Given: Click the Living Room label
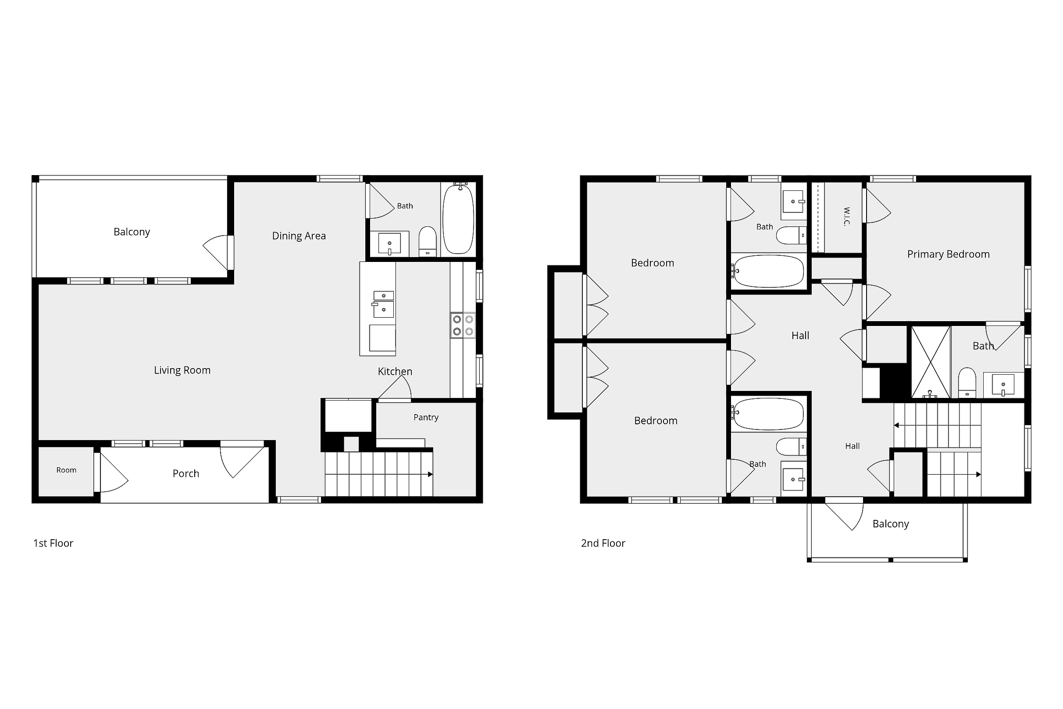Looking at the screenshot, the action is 182,370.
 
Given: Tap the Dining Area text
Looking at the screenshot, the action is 299,236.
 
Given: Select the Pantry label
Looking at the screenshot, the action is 426,417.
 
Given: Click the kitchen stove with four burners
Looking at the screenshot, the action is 463,326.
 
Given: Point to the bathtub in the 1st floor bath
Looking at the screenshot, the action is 458,219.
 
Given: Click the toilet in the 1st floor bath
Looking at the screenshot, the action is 428,242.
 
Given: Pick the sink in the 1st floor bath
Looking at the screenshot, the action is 389,244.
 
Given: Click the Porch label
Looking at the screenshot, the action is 186,473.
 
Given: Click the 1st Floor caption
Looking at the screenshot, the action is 54,543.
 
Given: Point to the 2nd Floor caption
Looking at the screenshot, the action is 603,543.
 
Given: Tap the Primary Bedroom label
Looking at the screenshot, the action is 948,254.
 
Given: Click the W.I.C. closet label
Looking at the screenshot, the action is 847,216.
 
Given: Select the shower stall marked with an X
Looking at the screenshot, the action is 931,362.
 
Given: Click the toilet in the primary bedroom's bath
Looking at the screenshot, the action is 967,383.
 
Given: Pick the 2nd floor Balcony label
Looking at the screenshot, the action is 890,524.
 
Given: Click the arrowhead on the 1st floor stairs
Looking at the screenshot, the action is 430,474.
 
